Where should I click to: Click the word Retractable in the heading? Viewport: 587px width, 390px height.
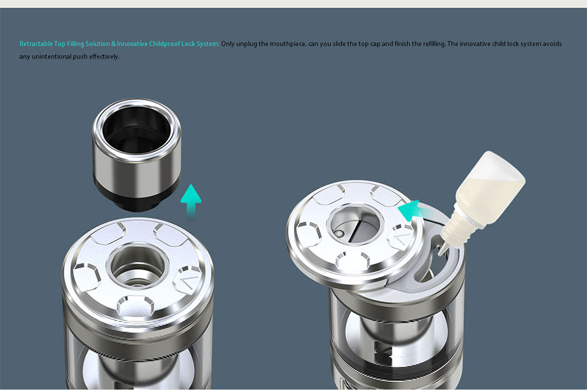click(36, 44)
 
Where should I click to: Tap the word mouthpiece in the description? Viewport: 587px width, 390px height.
click(287, 45)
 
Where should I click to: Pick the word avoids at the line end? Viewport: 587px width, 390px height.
click(552, 44)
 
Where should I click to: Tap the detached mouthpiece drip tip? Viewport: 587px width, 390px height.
click(137, 154)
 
